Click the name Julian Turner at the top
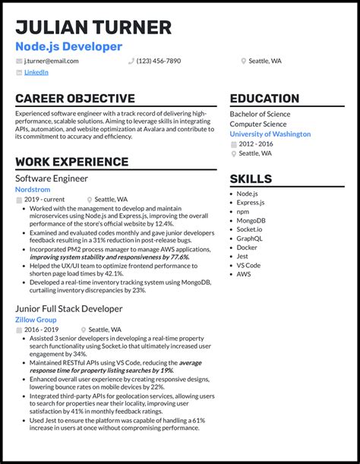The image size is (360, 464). [x=93, y=28]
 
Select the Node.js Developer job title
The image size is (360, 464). [x=68, y=46]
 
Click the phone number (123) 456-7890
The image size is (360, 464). [x=159, y=61]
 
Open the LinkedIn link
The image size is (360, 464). [x=36, y=72]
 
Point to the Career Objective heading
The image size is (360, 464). [x=74, y=99]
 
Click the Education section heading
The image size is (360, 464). [x=264, y=99]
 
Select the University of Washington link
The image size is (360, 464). [x=270, y=134]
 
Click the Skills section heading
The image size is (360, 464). [x=251, y=179]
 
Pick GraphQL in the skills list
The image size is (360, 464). [x=250, y=238]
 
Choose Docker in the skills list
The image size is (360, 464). [x=247, y=248]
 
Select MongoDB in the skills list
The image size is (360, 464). [x=251, y=221]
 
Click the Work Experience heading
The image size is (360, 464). [x=71, y=162]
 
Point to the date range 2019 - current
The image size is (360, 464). [x=44, y=199]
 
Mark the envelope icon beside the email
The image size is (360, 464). [x=19, y=61]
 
